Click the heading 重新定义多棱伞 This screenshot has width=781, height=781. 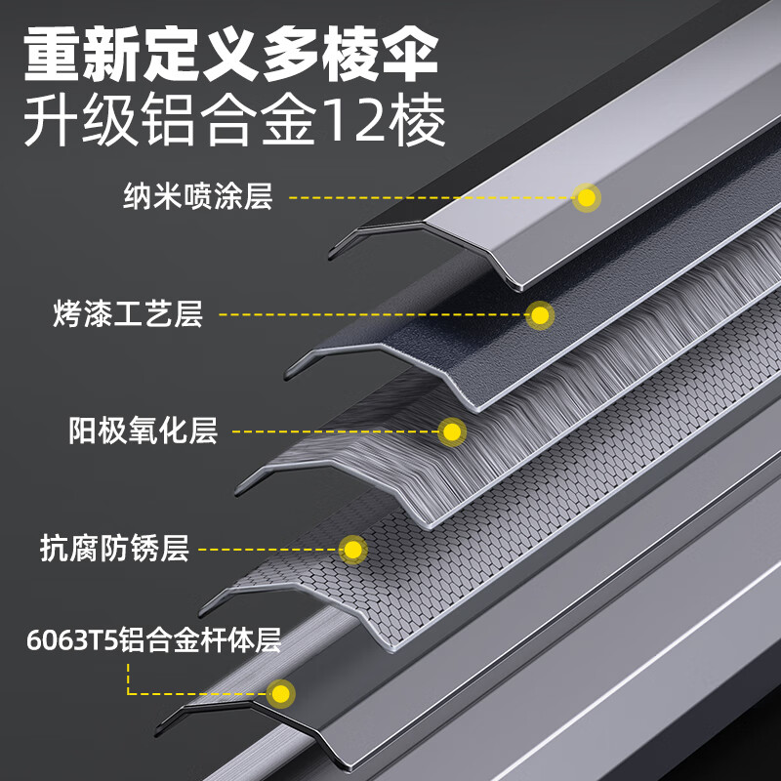tap(231, 55)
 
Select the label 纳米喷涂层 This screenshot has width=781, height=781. tap(198, 196)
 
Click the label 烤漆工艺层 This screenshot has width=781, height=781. tap(128, 313)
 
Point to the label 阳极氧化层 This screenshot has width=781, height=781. tap(143, 431)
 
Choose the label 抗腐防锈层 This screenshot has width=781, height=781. tap(114, 548)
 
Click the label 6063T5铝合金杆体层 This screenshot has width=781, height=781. tap(154, 639)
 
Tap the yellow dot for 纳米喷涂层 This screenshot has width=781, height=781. tap(587, 198)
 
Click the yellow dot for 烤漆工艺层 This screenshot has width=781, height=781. tap(540, 315)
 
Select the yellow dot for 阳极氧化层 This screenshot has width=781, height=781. tap(452, 432)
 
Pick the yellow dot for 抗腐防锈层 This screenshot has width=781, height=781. tap(353, 550)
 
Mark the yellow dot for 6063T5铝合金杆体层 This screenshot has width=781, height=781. tap(281, 694)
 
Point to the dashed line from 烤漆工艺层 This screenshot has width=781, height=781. tap(374, 314)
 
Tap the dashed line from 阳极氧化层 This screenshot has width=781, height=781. tap(336, 432)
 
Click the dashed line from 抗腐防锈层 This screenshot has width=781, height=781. tap(269, 550)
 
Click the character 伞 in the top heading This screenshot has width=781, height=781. tap(408, 55)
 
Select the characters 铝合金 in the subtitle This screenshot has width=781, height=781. tap(230, 120)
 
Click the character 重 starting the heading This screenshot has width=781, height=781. tap(53, 55)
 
